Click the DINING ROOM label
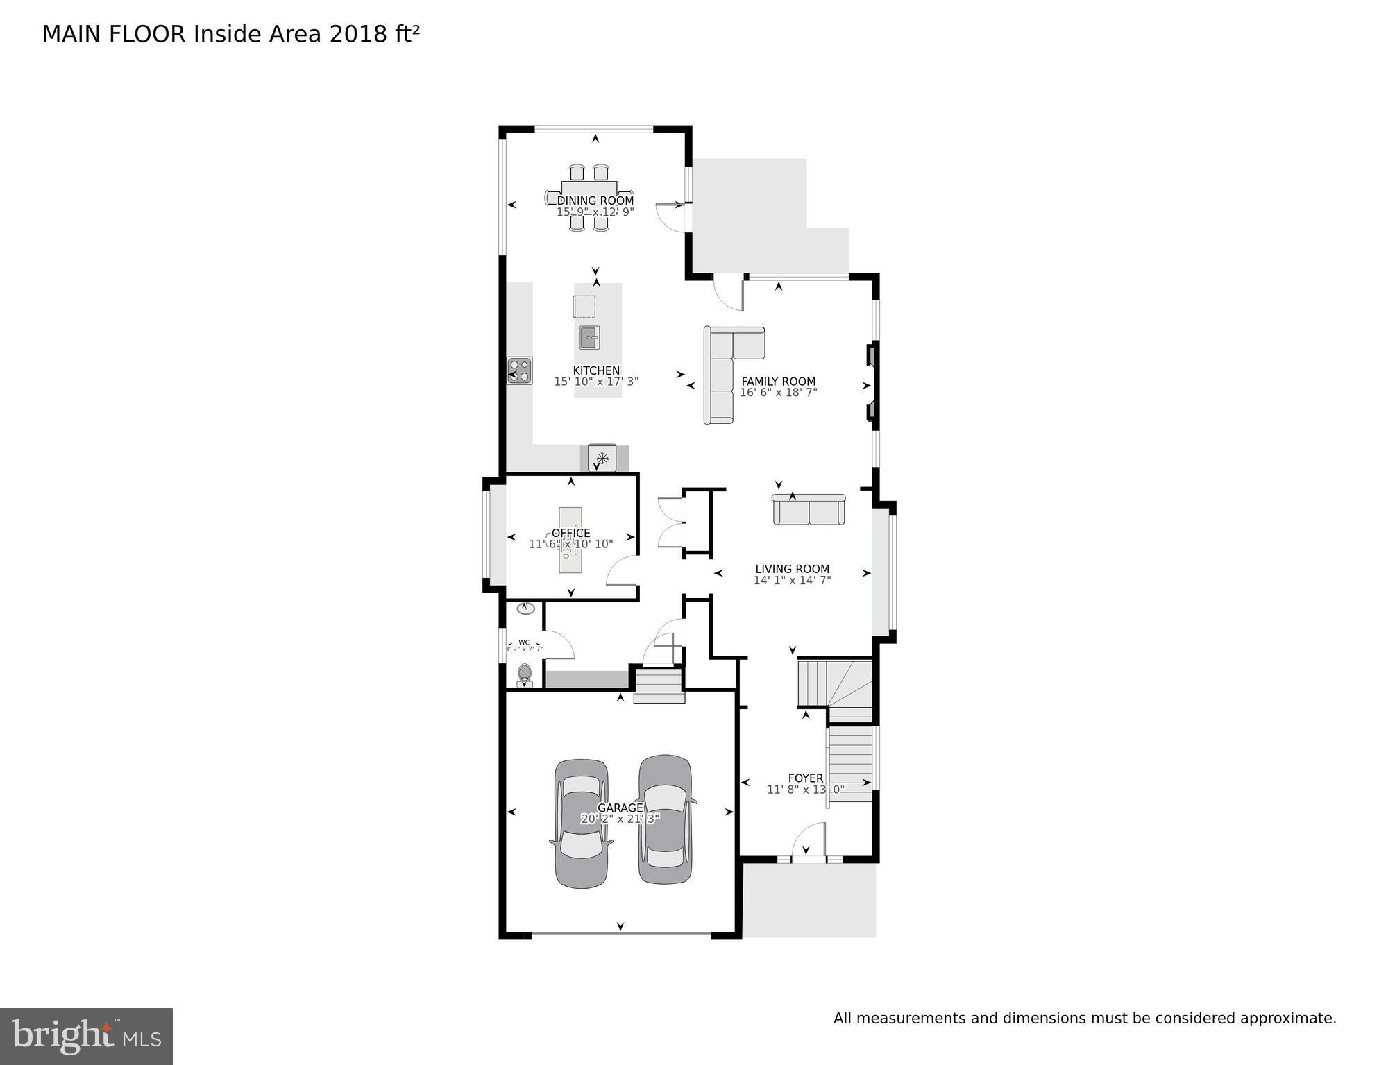tap(595, 201)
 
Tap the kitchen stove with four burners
tap(519, 370)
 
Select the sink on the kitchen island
tap(589, 338)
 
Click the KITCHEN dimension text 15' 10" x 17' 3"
tap(596, 382)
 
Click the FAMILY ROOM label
tap(778, 381)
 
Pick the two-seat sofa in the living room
tap(809, 510)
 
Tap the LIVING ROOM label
tap(792, 569)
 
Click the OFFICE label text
tap(570, 533)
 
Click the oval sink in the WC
tap(526, 608)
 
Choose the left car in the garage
tap(582, 823)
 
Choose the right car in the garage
tap(665, 819)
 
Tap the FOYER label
tap(805, 778)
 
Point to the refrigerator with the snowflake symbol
tap(602, 458)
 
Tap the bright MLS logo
tap(86, 1037)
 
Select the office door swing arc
tap(621, 570)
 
